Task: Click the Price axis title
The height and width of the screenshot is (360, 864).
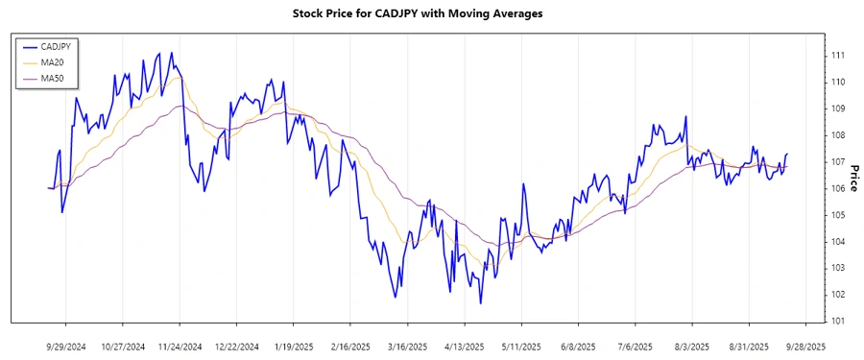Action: pyautogui.click(x=853, y=175)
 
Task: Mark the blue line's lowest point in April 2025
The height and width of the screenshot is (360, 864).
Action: pyautogui.click(x=480, y=303)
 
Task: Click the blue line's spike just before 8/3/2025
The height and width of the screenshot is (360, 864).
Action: pyautogui.click(x=685, y=117)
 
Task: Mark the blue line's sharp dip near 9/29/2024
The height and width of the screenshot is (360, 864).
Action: pyautogui.click(x=62, y=211)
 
